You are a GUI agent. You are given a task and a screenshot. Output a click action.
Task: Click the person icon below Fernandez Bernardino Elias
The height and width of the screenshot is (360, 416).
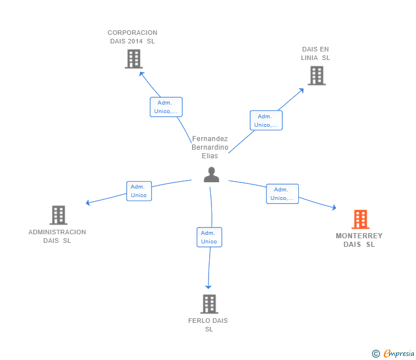[211, 174]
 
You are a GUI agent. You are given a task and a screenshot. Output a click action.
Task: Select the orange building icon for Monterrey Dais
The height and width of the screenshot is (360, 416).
[361, 219]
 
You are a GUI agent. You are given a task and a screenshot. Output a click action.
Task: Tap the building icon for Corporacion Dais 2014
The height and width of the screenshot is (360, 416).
[134, 59]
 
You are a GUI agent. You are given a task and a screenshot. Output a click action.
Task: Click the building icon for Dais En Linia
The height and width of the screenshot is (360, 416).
[317, 75]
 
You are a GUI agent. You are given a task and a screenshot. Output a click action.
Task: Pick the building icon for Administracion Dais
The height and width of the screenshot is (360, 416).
[58, 215]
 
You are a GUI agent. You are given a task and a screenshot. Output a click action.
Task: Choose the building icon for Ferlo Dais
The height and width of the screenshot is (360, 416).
[209, 304]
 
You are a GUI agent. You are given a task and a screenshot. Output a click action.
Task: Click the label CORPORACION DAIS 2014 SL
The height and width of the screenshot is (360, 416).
[133, 37]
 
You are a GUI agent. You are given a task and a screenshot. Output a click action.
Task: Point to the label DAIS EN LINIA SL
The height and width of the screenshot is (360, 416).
[315, 53]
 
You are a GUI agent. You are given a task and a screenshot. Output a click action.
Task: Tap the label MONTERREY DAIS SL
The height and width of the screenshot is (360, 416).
[359, 240]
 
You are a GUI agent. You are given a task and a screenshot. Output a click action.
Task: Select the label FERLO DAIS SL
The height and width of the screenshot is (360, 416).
[208, 325]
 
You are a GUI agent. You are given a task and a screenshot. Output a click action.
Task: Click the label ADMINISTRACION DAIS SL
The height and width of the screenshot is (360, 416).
[57, 236]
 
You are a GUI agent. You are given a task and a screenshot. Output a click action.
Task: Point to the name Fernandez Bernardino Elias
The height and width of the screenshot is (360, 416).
[210, 147]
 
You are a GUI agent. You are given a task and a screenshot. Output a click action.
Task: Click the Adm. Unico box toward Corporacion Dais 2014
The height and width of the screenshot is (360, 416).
[166, 107]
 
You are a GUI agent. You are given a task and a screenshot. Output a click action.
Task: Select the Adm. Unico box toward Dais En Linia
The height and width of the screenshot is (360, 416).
[266, 121]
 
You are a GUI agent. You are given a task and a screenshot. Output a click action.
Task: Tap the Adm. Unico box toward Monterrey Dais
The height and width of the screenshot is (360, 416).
[282, 194]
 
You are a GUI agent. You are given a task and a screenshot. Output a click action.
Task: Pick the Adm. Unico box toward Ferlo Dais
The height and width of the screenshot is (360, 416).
[209, 237]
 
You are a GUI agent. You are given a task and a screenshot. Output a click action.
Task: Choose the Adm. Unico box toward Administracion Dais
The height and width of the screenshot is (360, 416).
[139, 191]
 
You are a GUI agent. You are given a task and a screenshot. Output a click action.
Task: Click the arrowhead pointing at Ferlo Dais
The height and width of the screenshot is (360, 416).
[208, 287]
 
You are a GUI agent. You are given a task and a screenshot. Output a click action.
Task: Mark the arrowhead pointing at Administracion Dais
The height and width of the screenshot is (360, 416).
[88, 203]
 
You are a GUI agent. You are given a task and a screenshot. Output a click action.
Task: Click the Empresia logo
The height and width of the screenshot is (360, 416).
[393, 353]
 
